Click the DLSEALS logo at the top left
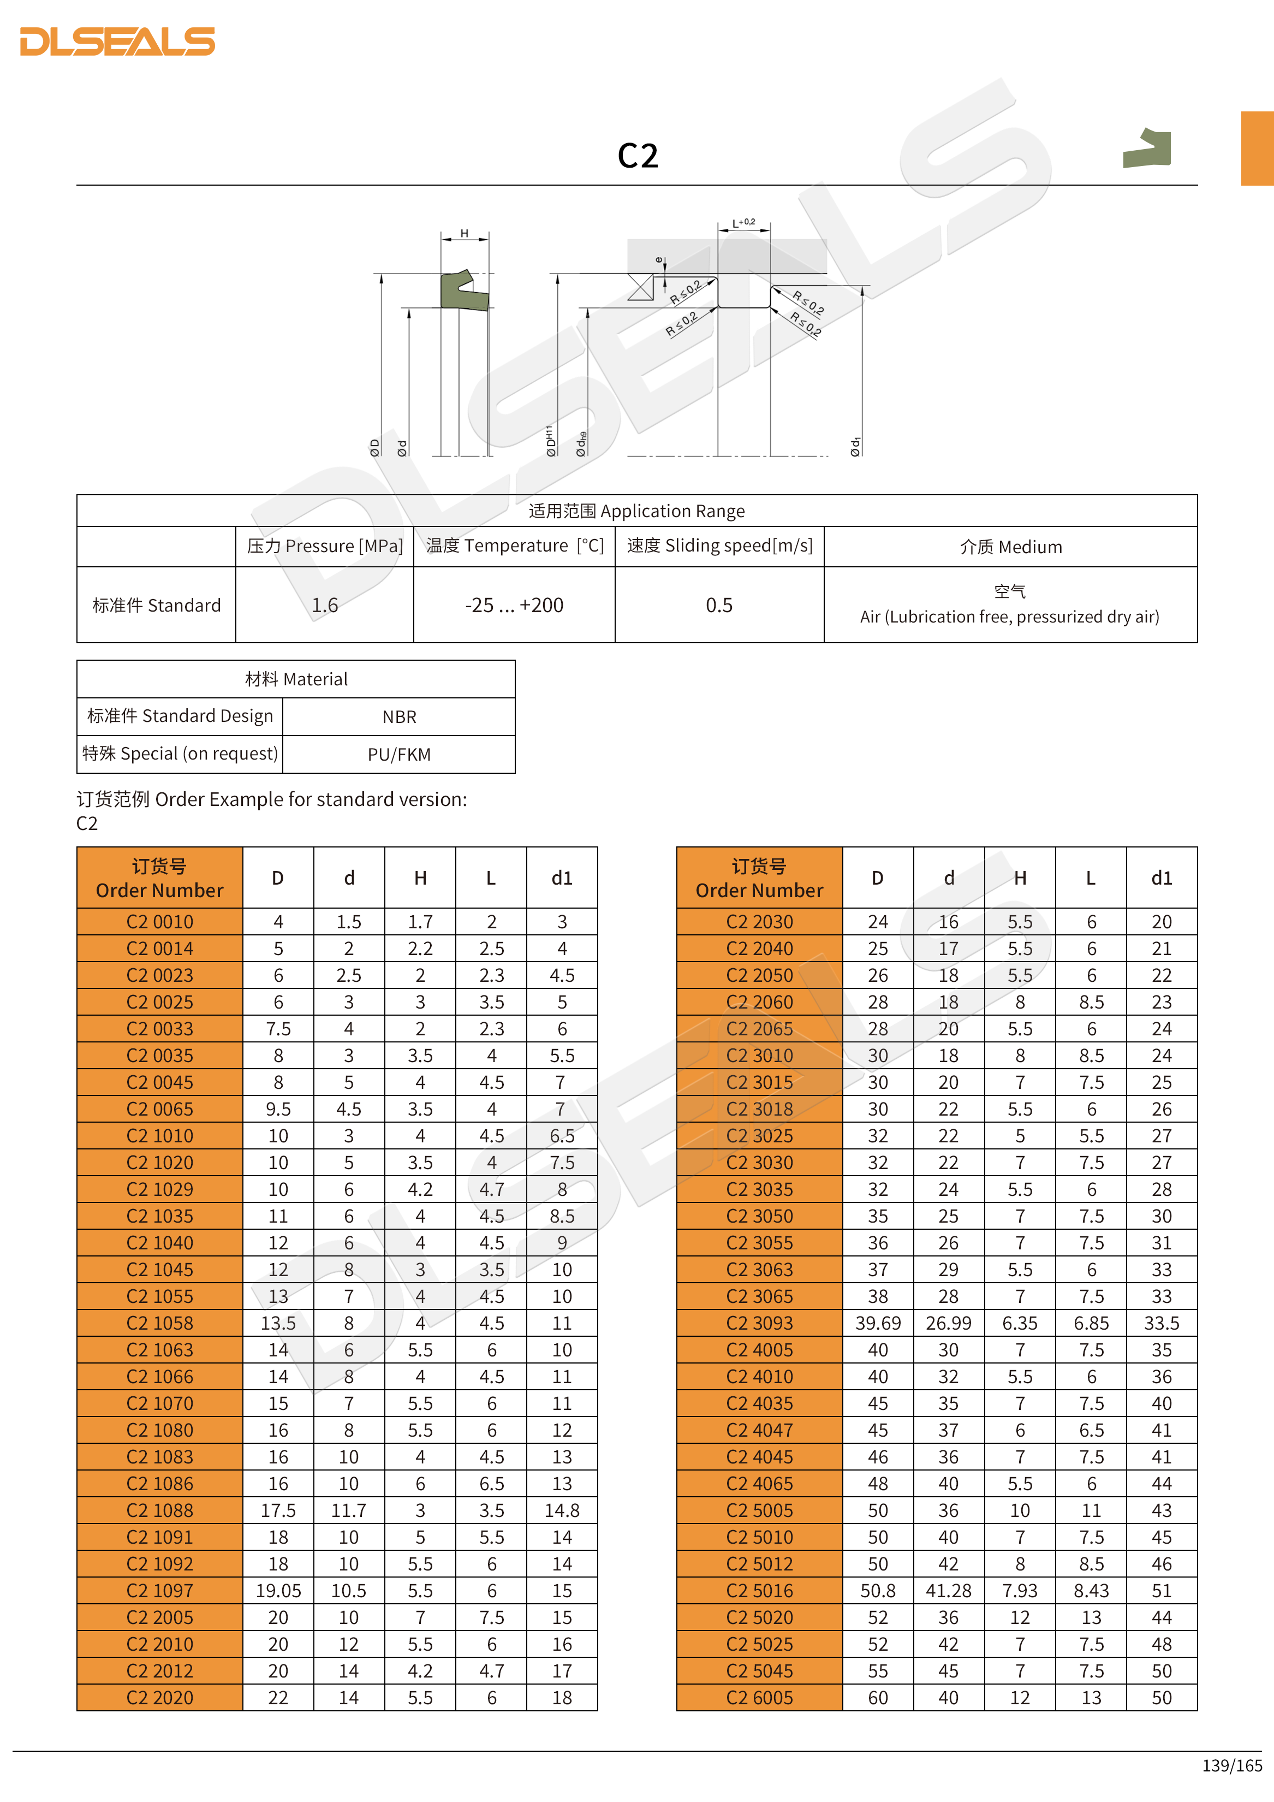click(x=118, y=42)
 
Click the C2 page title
click(x=637, y=156)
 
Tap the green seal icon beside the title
click(x=1148, y=149)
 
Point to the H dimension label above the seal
click(x=465, y=233)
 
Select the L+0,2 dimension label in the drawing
click(x=743, y=223)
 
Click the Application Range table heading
click(x=636, y=511)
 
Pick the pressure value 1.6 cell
click(x=324, y=605)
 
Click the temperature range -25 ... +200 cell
click(x=514, y=605)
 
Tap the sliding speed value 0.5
click(x=718, y=605)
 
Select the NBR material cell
click(x=400, y=716)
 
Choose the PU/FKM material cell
click(x=400, y=754)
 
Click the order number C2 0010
click(x=160, y=921)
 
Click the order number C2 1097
click(x=160, y=1591)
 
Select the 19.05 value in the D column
click(x=278, y=1591)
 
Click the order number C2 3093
click(x=759, y=1323)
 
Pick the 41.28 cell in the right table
click(x=949, y=1591)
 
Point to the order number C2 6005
click(x=759, y=1698)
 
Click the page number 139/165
click(x=1231, y=1765)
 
